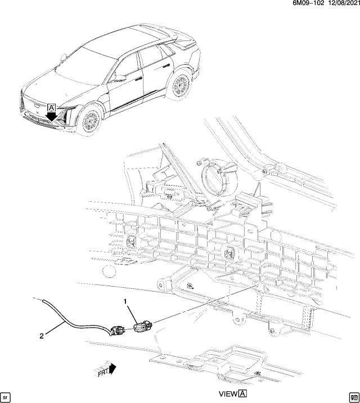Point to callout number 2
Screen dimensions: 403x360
click(x=41, y=336)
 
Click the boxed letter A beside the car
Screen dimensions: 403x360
click(x=52, y=107)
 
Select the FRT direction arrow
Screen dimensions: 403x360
click(x=105, y=369)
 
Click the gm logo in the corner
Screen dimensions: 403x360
click(x=353, y=396)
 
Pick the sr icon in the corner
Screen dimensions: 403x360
click(x=6, y=396)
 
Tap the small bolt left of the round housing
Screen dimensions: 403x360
click(x=200, y=163)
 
